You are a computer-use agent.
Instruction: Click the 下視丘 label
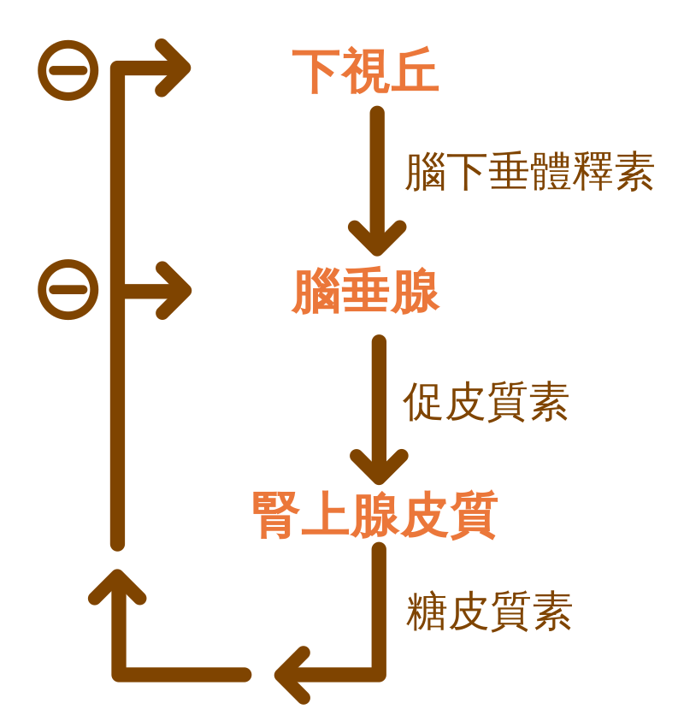click(365, 71)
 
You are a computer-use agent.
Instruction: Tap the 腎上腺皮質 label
click(374, 514)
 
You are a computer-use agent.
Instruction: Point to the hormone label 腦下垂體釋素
click(529, 173)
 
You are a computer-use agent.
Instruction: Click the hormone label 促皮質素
click(486, 400)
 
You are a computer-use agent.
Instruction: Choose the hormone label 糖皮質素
click(488, 612)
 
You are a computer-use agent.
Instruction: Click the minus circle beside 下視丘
click(68, 70)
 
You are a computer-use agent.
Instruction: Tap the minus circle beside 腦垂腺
click(68, 289)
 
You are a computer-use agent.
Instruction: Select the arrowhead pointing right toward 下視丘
click(175, 69)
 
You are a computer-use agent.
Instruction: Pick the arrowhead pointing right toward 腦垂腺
click(175, 290)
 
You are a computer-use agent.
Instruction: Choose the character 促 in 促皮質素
click(423, 400)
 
